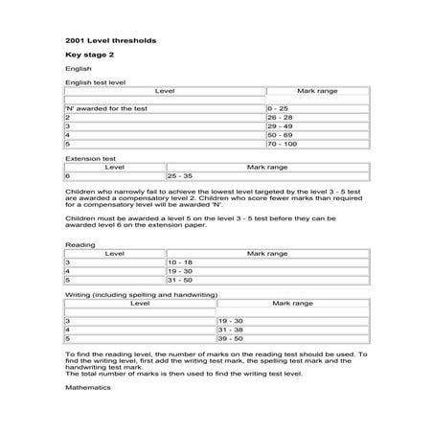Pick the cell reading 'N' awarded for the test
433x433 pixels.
[x=105, y=109]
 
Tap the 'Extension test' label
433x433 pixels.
[x=89, y=156]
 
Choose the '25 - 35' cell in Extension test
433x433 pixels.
[x=180, y=176]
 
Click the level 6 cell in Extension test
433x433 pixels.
[x=68, y=176]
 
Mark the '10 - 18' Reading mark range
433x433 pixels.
[x=180, y=262]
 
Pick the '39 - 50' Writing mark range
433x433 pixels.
[x=231, y=338]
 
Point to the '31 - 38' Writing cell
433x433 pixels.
[x=231, y=330]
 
